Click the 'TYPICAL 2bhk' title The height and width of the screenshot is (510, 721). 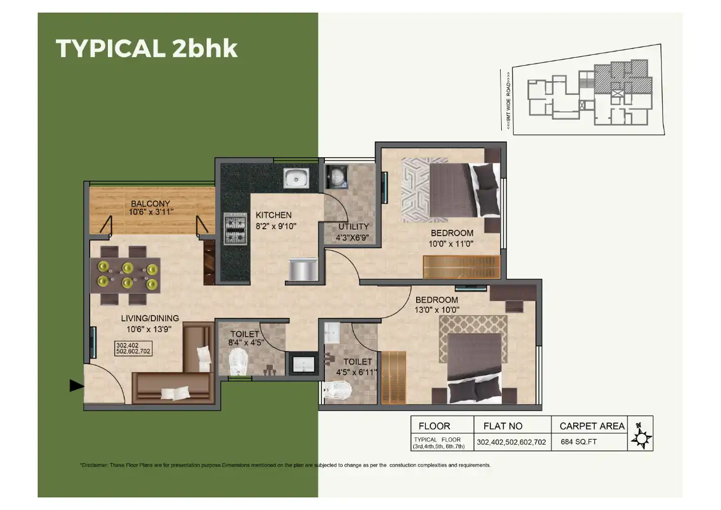point(147,49)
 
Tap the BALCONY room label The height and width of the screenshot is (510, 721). point(151,204)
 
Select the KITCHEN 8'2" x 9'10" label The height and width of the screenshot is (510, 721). point(276,220)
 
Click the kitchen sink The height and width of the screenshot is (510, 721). point(296,178)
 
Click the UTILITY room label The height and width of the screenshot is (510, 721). point(353,226)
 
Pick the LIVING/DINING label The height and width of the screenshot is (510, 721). point(150,318)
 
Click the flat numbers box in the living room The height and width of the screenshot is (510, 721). point(134,349)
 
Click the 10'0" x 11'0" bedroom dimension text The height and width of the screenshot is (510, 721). point(452,243)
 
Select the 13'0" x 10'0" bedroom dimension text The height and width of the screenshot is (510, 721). point(437,310)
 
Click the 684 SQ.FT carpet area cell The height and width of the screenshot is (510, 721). point(578,442)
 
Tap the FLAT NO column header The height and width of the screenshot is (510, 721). point(502,426)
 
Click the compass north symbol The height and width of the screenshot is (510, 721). point(641,437)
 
